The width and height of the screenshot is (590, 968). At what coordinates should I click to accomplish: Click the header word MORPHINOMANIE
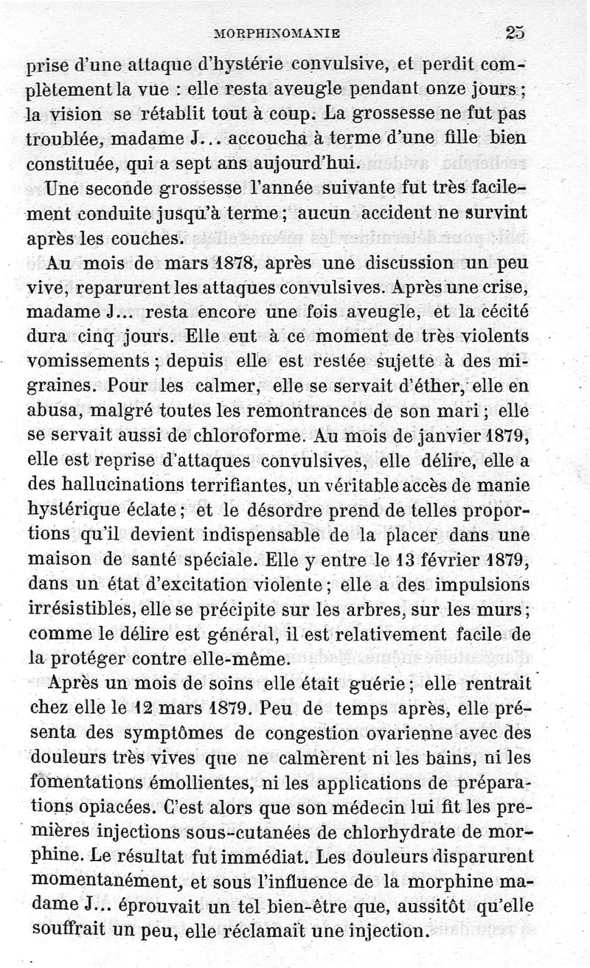[276, 33]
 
